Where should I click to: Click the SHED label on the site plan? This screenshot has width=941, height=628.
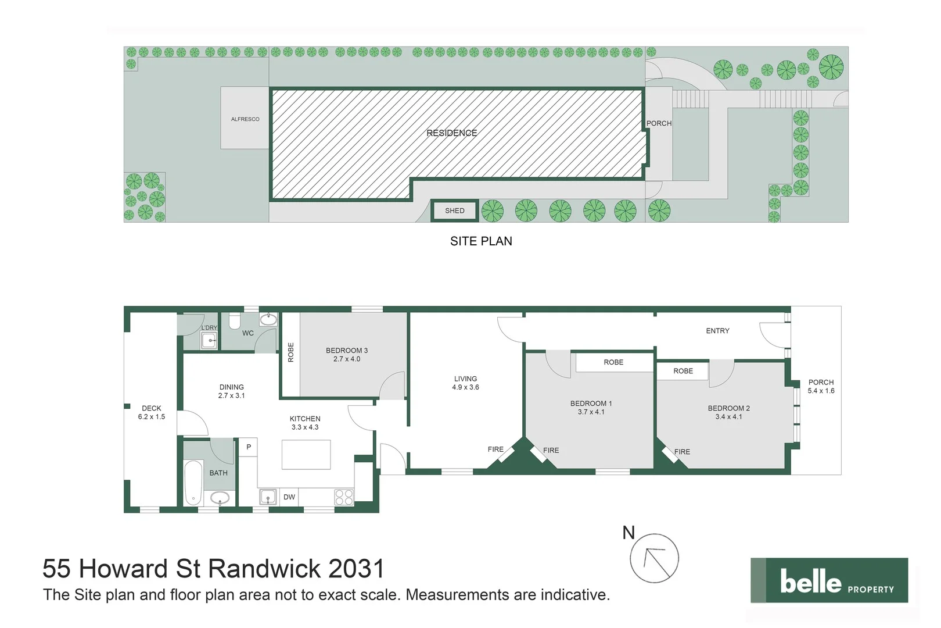[454, 210]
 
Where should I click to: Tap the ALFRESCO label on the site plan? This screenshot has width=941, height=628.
[245, 119]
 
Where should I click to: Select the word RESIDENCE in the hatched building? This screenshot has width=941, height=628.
[451, 133]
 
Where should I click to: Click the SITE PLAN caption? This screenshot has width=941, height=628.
[481, 241]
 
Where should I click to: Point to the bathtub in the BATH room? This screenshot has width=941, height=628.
[193, 483]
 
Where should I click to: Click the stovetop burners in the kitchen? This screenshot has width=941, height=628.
[343, 497]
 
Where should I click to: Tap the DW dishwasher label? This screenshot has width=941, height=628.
[289, 497]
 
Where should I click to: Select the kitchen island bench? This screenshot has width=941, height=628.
[306, 454]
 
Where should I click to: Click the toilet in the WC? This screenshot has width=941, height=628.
[235, 322]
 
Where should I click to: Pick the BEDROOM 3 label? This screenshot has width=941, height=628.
[347, 351]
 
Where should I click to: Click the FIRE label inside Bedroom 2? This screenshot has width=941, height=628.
[682, 452]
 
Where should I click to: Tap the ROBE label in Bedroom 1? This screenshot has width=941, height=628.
[613, 362]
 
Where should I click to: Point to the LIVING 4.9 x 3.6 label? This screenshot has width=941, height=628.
[465, 383]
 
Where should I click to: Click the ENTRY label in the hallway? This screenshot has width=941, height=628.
[717, 331]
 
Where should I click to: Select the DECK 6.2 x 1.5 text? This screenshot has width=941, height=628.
[152, 412]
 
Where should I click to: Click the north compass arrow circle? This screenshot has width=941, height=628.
[655, 558]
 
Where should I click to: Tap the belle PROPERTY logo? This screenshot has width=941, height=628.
[829, 580]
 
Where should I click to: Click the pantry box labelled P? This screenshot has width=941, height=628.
[249, 447]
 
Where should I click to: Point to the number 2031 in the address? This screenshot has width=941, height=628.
[356, 569]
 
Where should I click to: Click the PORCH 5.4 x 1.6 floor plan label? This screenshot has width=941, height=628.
[821, 387]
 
